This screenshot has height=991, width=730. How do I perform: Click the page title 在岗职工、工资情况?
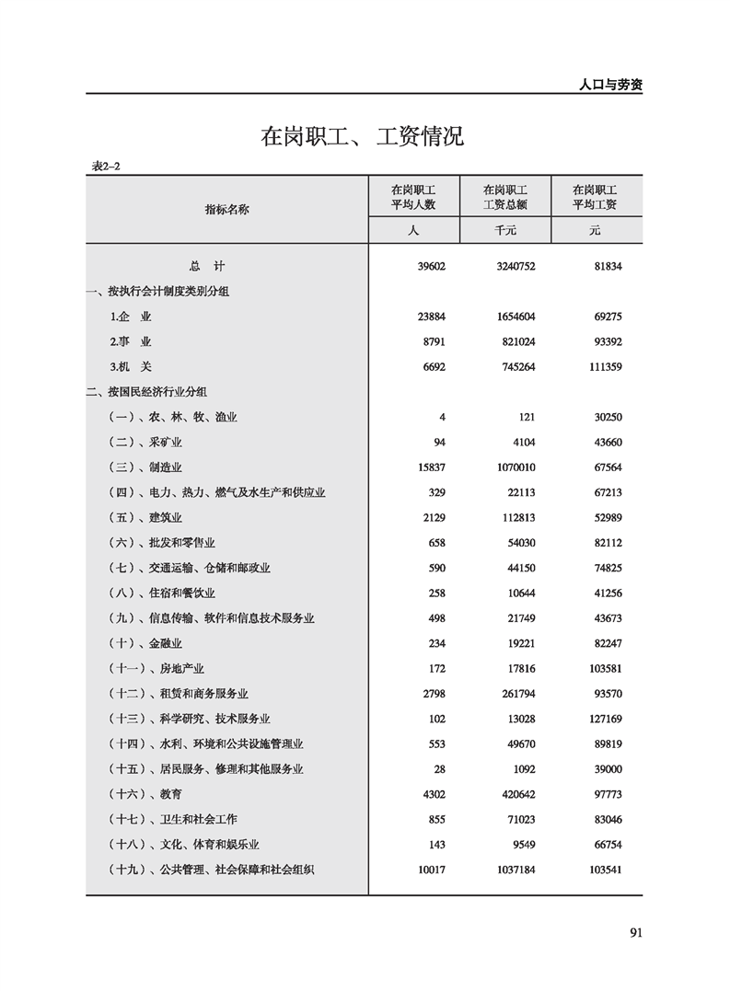tap(363, 138)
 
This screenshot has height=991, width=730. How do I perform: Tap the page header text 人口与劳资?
tap(610, 84)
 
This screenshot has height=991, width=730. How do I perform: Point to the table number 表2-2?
tap(107, 166)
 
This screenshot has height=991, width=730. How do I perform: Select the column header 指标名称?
tap(226, 209)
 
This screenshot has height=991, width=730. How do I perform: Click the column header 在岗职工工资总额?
tap(504, 197)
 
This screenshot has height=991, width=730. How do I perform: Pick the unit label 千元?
tap(504, 231)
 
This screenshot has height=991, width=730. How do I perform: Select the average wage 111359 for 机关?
tap(603, 366)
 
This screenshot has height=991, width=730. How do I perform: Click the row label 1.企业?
tap(130, 317)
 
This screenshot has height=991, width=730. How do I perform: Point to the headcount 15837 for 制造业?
tap(430, 467)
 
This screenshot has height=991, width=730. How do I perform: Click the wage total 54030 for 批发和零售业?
tap(519, 543)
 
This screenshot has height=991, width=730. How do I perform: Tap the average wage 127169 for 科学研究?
tap(603, 719)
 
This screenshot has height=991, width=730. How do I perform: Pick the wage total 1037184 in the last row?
tap(514, 869)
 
